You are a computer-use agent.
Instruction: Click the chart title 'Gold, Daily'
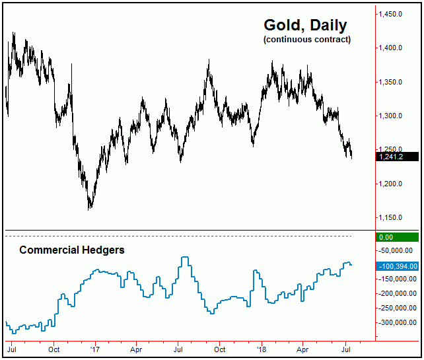coord(305,25)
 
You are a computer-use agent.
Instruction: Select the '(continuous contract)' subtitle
coord(306,40)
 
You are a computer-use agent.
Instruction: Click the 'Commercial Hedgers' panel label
coord(72,250)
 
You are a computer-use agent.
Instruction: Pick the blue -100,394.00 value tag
coord(398,266)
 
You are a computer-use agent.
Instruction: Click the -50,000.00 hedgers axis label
coord(398,251)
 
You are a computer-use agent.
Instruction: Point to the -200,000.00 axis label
coord(398,294)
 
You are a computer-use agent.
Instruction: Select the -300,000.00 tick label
coord(398,322)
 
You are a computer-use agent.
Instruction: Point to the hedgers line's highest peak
coord(186,258)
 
